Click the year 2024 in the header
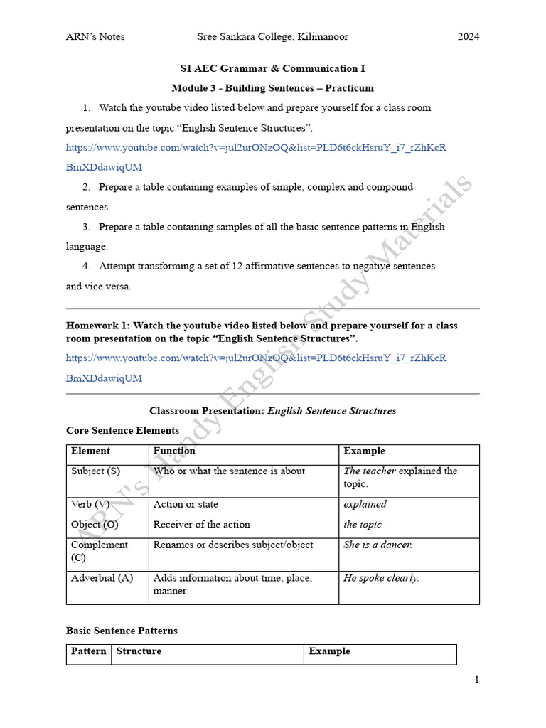pyautogui.click(x=468, y=36)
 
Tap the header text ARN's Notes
pyautogui.click(x=95, y=36)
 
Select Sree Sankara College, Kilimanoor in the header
pyautogui.click(x=272, y=36)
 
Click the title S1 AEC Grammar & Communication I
pyautogui.click(x=272, y=68)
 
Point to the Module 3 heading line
pyautogui.click(x=272, y=88)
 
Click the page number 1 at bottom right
pyautogui.click(x=476, y=679)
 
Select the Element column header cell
pyautogui.click(x=91, y=451)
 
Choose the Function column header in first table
pyautogui.click(x=174, y=451)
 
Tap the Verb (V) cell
pyautogui.click(x=91, y=504)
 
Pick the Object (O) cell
pyautogui.click(x=95, y=525)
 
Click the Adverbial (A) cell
pyautogui.click(x=102, y=578)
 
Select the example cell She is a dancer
pyautogui.click(x=378, y=545)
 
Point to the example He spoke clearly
pyautogui.click(x=381, y=578)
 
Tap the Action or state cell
pyautogui.click(x=186, y=504)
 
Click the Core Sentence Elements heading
pyautogui.click(x=122, y=430)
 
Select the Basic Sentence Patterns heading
pyautogui.click(x=122, y=631)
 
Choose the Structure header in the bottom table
pyautogui.click(x=139, y=651)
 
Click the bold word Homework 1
pyautogui.click(x=97, y=325)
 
